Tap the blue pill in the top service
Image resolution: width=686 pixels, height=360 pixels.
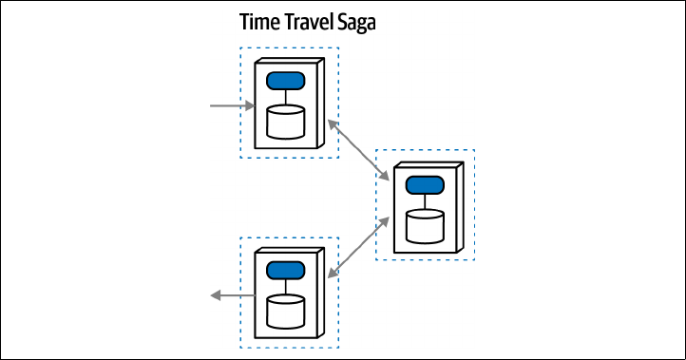point(286,81)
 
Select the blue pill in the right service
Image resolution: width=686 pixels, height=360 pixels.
point(425,185)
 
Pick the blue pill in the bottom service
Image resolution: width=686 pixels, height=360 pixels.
point(286,271)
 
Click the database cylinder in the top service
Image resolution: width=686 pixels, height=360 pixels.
point(286,122)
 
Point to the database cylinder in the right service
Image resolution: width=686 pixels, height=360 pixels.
point(425,226)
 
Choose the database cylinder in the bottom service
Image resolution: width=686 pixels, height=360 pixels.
point(286,312)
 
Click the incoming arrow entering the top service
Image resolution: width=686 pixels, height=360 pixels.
point(233,105)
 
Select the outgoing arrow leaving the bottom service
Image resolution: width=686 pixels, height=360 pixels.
point(233,295)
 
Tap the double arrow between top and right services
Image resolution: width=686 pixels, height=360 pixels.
point(358,150)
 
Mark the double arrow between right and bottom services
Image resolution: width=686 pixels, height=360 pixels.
point(358,248)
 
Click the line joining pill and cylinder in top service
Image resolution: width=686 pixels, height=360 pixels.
point(286,98)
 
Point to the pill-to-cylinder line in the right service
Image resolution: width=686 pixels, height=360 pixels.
point(425,202)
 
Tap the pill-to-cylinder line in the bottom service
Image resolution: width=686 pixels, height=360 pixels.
point(286,288)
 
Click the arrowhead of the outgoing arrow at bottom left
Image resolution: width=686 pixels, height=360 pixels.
point(216,295)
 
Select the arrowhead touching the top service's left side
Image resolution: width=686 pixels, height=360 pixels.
point(250,105)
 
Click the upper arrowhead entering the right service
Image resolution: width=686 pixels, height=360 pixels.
point(384,176)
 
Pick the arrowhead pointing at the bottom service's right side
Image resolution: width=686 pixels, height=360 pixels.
point(333,273)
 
